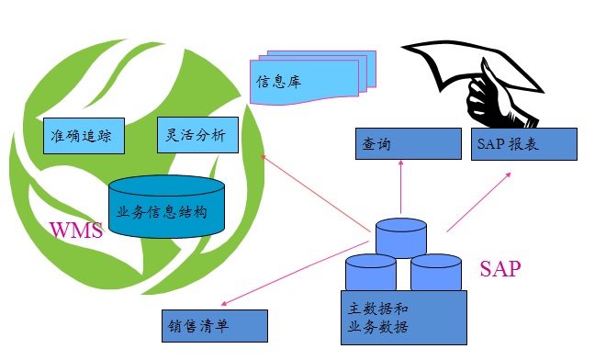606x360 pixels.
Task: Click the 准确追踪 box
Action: point(84,134)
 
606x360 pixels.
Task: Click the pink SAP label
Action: point(500,269)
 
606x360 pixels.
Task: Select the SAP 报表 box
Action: point(524,143)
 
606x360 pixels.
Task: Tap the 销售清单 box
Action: point(213,325)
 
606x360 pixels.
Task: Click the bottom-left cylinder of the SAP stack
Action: point(370,273)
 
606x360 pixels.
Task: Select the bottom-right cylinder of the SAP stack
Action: point(435,272)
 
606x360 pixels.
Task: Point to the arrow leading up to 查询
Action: point(401,187)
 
